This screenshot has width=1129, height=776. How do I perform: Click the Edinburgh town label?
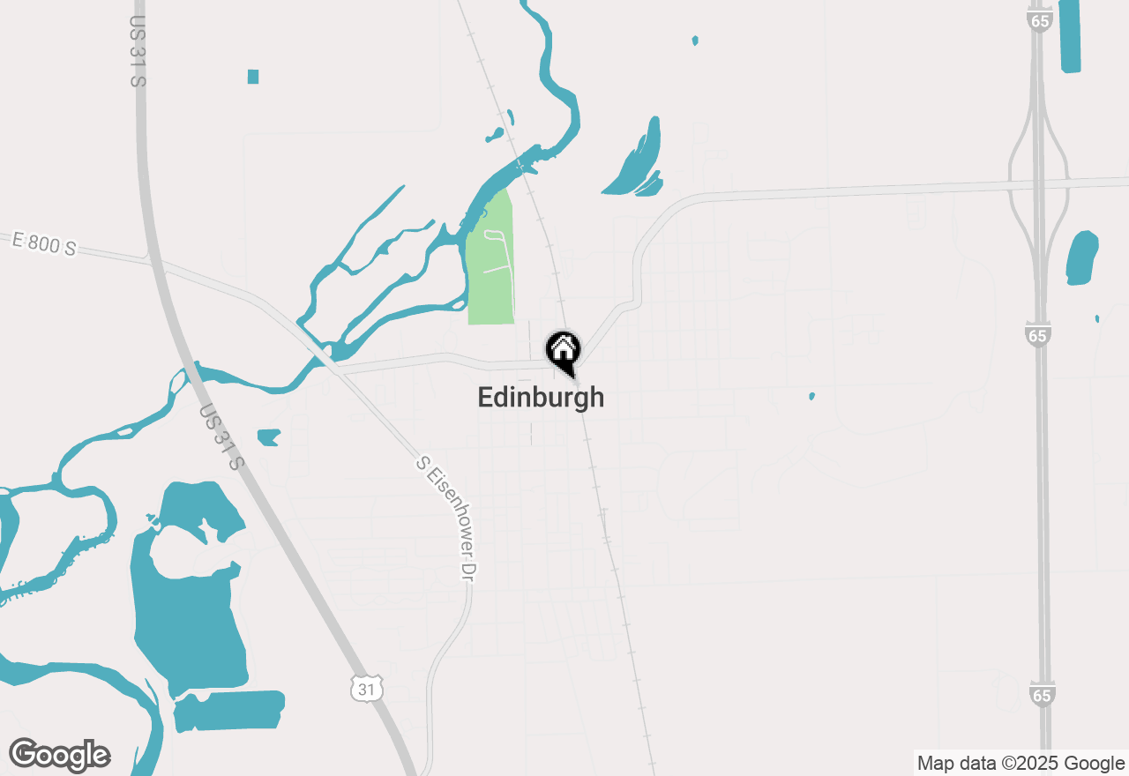(x=541, y=397)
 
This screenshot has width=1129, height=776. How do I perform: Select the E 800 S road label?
(x=44, y=243)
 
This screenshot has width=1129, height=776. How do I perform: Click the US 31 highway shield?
(x=366, y=688)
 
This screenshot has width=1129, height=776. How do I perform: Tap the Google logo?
(x=59, y=755)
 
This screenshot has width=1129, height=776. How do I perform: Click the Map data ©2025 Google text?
(x=1021, y=763)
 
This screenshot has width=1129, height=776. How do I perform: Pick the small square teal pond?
(x=253, y=77)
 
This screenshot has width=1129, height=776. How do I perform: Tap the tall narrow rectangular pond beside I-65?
(x=1069, y=35)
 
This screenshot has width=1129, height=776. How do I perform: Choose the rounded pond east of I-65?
(x=1081, y=257)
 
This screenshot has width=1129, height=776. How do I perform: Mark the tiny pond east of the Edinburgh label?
(x=811, y=396)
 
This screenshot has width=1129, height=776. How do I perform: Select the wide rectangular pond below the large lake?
(x=229, y=710)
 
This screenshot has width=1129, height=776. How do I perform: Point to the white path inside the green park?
(x=496, y=250)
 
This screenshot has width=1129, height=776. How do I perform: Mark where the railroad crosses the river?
(x=521, y=165)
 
